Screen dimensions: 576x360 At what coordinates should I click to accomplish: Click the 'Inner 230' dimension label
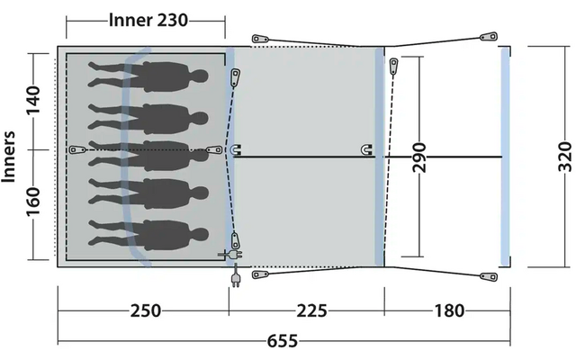point(148,20)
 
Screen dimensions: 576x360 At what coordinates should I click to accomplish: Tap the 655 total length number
point(282,341)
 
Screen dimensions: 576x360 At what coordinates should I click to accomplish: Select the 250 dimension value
point(146,310)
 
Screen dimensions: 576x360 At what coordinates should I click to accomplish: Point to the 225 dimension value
point(311,310)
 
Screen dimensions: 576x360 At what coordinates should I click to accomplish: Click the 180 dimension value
point(449,310)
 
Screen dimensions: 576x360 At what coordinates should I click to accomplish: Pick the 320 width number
point(564,157)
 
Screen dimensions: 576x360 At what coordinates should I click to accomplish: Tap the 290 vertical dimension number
point(418,157)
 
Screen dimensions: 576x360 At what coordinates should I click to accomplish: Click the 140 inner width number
point(34,99)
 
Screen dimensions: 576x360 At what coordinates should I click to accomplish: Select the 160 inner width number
point(34,202)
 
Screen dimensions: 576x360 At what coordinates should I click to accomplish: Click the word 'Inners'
point(8,157)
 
